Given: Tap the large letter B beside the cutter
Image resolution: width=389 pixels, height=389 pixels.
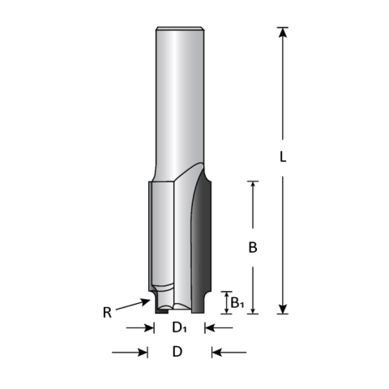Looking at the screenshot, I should click(253, 249).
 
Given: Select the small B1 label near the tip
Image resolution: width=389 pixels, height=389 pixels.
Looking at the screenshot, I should click(235, 302).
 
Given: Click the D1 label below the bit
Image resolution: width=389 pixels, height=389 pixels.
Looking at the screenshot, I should click(178, 328).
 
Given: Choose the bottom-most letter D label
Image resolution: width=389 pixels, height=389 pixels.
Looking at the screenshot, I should click(177, 352).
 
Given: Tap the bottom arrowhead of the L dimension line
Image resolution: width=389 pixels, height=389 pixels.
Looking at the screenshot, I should click(282, 308).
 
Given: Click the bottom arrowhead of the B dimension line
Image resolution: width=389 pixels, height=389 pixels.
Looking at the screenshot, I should click(253, 308).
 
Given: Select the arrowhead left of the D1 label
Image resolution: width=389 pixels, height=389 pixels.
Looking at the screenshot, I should click(150, 328).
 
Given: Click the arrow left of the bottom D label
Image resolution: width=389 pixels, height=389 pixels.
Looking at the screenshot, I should click(130, 352).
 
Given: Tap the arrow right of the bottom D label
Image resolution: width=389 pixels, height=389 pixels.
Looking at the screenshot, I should click(227, 352).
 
